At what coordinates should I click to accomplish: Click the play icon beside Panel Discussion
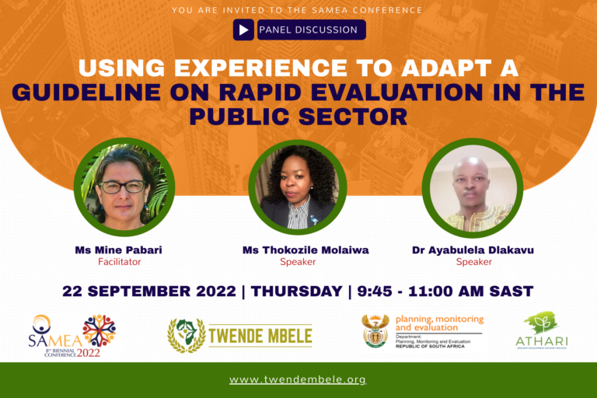click(244, 30)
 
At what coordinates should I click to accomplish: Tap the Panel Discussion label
click(308, 30)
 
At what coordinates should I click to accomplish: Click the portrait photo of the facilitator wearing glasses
click(124, 187)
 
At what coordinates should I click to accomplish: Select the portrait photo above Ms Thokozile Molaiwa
click(298, 187)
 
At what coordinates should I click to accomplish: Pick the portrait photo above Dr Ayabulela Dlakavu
click(472, 187)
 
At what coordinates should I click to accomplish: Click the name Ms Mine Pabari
click(118, 250)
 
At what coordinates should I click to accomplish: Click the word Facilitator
click(118, 263)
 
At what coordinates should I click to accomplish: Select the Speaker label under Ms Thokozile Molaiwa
click(298, 263)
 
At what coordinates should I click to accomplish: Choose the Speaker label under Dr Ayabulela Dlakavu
click(473, 263)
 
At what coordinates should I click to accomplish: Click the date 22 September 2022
click(149, 292)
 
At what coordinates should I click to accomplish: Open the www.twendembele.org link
click(298, 380)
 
